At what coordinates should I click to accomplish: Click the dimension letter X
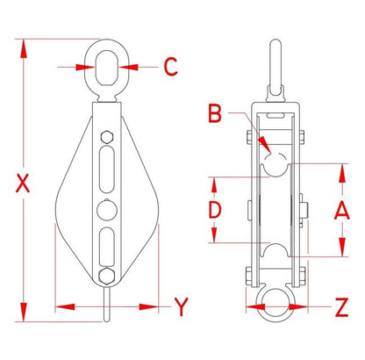[x=23, y=184]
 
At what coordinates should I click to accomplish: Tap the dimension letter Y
[x=182, y=306]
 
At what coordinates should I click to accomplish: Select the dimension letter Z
[x=341, y=307]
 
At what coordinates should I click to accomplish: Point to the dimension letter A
[x=342, y=210]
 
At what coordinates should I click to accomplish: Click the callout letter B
[x=215, y=113]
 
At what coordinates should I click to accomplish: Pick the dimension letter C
[x=170, y=67]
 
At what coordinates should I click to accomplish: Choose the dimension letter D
[x=215, y=210]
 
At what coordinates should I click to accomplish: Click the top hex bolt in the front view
[x=107, y=137]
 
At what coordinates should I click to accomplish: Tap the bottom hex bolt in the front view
[x=106, y=276]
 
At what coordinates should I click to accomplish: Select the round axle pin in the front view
[x=107, y=210]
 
